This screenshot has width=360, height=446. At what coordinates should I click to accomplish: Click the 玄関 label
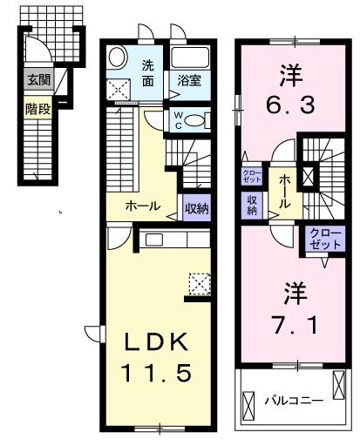37,80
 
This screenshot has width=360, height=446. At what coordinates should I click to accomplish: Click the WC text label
178,118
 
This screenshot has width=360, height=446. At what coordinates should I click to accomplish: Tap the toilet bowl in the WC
196,120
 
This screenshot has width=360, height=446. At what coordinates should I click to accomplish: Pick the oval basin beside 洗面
119,59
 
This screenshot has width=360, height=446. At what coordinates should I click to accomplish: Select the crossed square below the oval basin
118,89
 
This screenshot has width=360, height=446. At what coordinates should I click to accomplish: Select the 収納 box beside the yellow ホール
196,206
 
